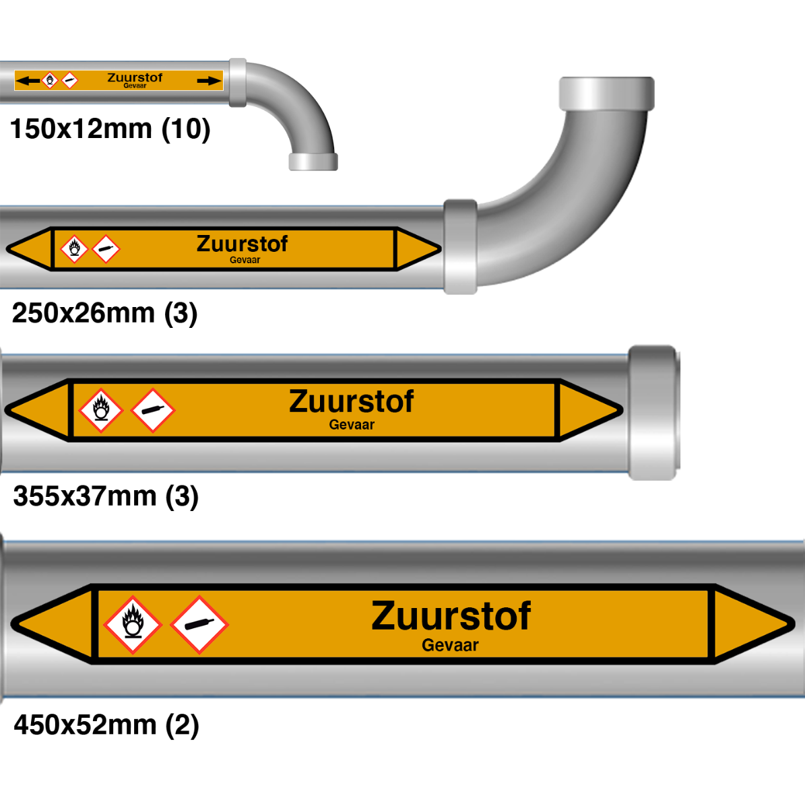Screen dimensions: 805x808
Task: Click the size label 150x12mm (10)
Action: coord(110,129)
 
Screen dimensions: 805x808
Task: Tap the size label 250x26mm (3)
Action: coord(104,313)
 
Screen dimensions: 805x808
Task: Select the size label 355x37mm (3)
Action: coord(106,496)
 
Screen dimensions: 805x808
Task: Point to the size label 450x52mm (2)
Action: coord(106,725)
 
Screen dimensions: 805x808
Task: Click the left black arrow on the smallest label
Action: coord(28,81)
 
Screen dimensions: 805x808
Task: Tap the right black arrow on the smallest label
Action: coord(210,81)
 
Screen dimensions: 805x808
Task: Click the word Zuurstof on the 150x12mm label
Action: coord(135,77)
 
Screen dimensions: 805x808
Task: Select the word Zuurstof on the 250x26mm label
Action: coord(242,244)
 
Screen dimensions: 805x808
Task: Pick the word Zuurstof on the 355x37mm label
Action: coord(352,401)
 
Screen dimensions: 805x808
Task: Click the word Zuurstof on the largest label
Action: coord(451,615)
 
